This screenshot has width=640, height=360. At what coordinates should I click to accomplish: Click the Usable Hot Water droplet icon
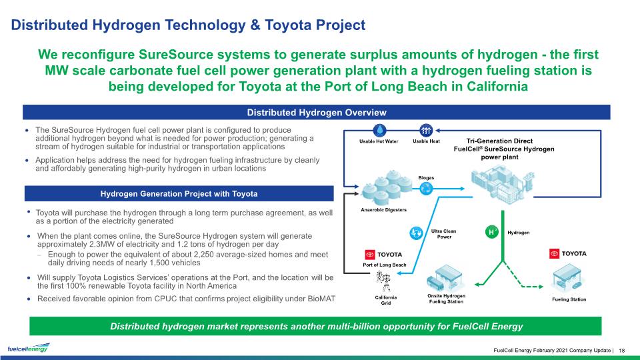point(379,131)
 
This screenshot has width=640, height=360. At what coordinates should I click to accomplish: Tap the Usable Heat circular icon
point(426,131)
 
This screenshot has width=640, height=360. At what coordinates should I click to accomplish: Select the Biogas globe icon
point(426,189)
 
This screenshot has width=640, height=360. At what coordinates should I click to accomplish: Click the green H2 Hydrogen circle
point(492,232)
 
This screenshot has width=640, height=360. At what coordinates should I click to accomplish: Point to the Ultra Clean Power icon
point(416,233)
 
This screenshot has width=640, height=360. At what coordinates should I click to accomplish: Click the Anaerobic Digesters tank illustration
point(385,187)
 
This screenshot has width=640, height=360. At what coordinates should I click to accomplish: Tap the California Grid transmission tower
point(384,281)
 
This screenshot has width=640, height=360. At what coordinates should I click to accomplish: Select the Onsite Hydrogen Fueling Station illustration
point(445,279)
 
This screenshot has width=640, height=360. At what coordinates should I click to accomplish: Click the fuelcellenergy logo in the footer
point(29,347)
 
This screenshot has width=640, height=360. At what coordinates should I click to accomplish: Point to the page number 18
point(622,350)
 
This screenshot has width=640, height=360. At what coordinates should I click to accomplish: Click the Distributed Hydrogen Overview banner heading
point(316,112)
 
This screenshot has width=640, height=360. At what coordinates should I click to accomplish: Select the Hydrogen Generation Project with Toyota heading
point(179,193)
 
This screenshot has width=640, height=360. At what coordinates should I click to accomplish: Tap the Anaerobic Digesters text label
point(384,210)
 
